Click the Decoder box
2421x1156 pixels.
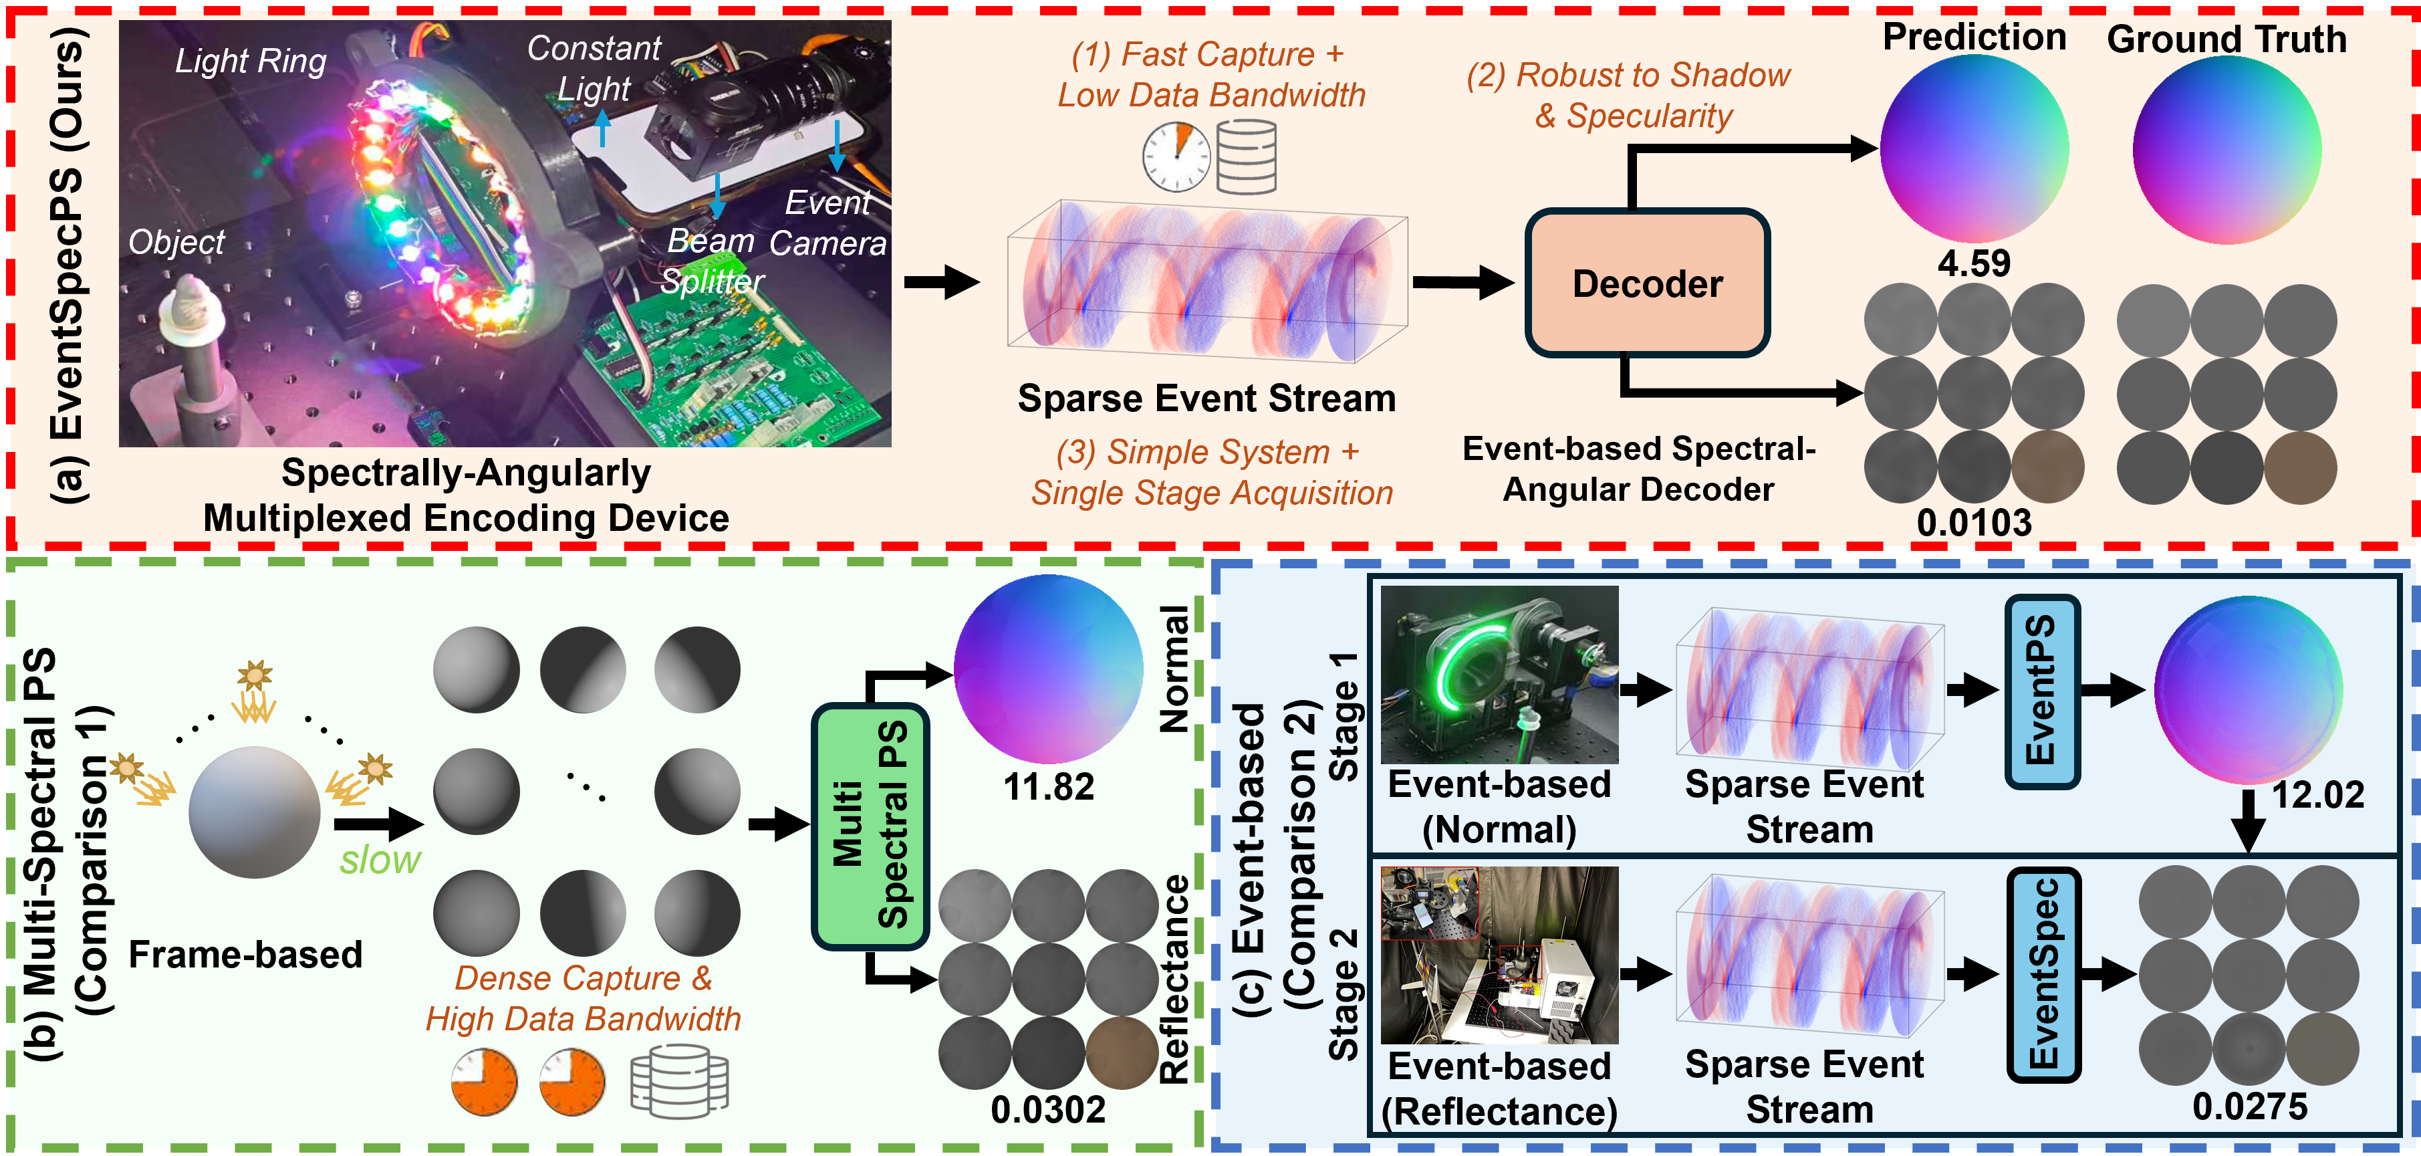click(1648, 283)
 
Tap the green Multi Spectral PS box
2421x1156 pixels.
click(870, 826)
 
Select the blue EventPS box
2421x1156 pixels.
click(2042, 691)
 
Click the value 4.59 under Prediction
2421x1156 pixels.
click(1974, 263)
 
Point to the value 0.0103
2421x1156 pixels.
click(1974, 523)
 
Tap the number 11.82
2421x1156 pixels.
click(1049, 787)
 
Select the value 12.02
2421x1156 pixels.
click(2317, 794)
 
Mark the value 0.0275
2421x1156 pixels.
click(2250, 1106)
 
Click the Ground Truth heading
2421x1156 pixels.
click(2226, 39)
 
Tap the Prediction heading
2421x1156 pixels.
click(1974, 37)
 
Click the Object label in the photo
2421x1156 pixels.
click(176, 243)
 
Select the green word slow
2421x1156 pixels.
click(380, 860)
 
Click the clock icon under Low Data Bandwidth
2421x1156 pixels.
click(1176, 155)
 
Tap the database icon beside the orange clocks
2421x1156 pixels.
click(680, 1082)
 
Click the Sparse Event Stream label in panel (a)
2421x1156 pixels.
click(1206, 398)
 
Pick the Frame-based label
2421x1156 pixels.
click(245, 955)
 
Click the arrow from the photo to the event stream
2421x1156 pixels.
click(942, 281)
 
